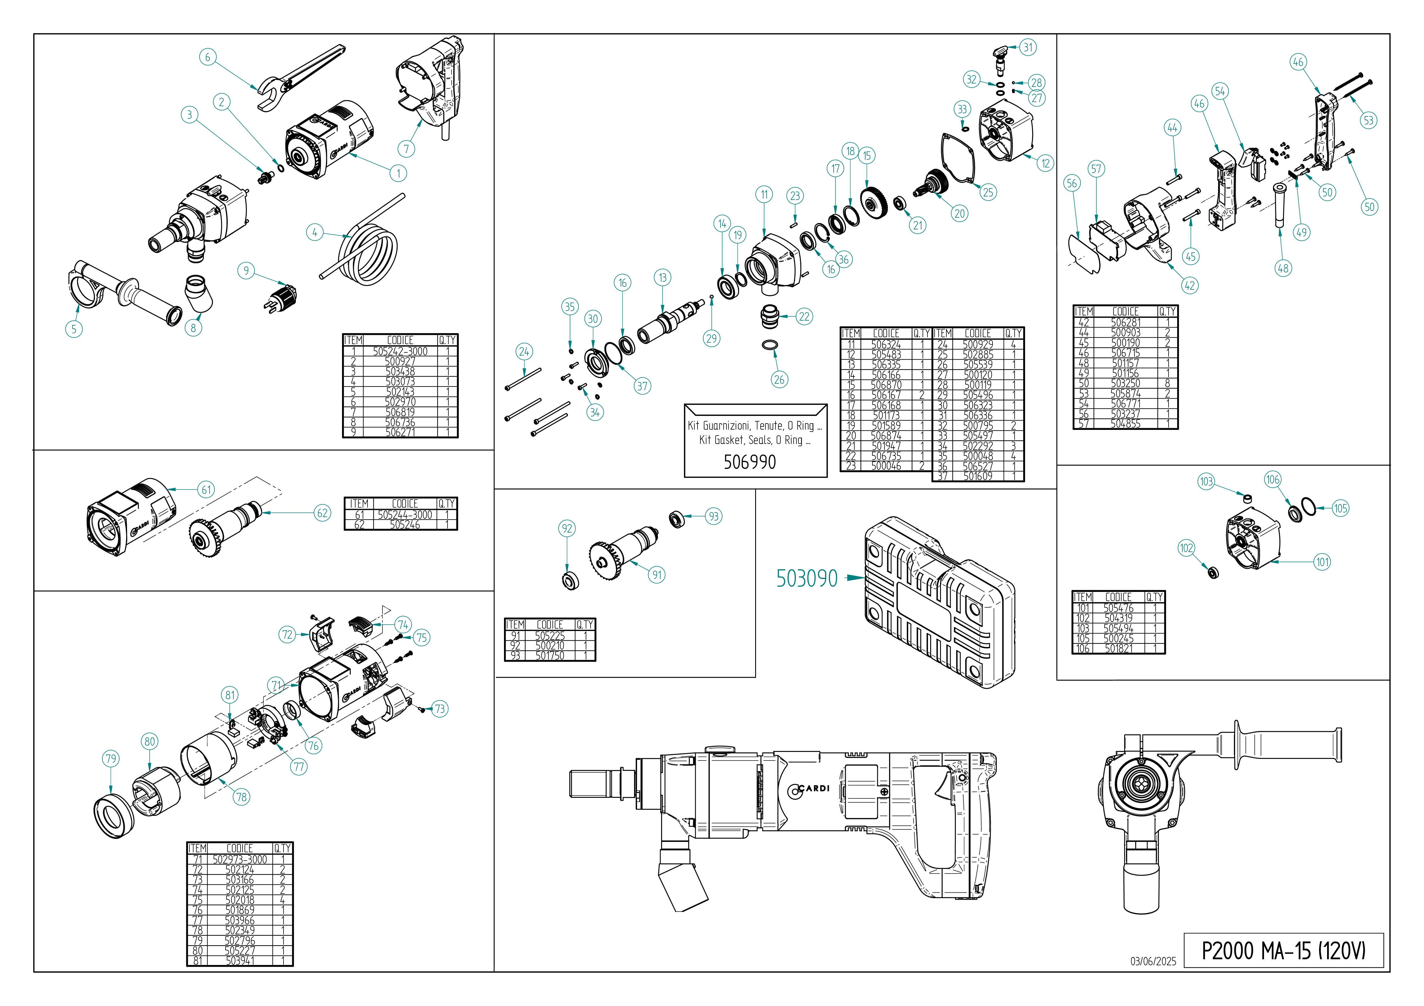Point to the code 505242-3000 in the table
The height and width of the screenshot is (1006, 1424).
click(400, 351)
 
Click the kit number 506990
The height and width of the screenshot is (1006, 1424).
click(749, 462)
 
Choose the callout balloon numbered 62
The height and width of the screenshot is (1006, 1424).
click(323, 513)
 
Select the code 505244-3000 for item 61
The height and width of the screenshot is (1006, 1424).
click(404, 515)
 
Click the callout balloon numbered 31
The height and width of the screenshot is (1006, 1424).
click(1028, 47)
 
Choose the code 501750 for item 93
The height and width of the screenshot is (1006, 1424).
click(550, 656)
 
